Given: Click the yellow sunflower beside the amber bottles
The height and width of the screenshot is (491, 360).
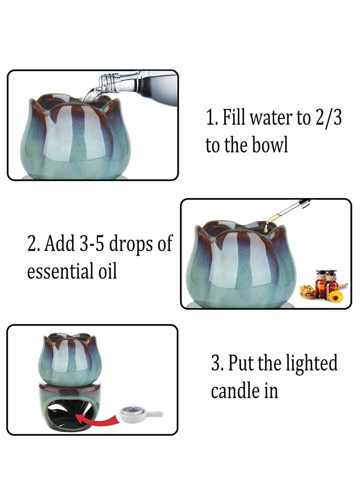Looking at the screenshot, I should click(x=336, y=296).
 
